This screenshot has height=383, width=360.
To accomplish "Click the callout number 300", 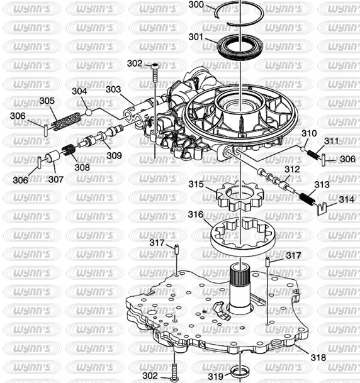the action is (x=196, y=4).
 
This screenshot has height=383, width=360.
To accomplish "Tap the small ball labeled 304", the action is (x=89, y=113).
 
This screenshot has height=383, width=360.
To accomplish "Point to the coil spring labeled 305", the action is (x=67, y=121).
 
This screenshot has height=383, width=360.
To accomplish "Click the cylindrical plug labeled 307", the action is (x=53, y=157).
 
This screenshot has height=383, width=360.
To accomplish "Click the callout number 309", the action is (x=114, y=155).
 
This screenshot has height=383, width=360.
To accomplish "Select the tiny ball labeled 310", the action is (x=303, y=148).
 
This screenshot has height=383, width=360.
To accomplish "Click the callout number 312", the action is (x=292, y=169).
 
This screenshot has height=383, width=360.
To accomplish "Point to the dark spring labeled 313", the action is (x=307, y=199).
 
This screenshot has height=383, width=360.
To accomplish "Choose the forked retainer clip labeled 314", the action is (x=322, y=208).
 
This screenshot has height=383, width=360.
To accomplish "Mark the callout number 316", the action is (x=196, y=214).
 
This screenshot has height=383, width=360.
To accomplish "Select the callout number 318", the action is (x=318, y=357).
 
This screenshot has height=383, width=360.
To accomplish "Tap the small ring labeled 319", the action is (x=240, y=372).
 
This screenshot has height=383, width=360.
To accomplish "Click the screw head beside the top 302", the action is (x=155, y=65).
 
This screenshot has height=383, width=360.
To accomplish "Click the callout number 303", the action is (x=113, y=89).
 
